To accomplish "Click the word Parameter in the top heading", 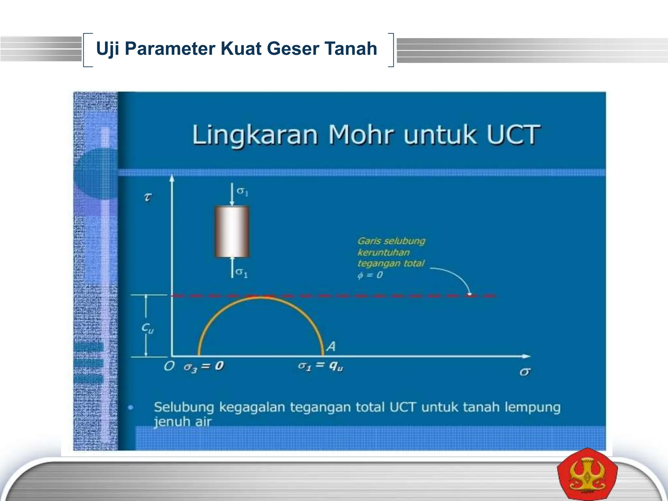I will tap(170, 49).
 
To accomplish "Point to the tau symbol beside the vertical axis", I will tap(148, 197).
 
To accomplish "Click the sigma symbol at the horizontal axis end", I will tap(524, 372).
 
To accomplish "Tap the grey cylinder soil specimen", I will tap(232, 232).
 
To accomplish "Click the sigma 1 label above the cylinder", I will tap(242, 191).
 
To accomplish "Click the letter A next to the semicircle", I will tap(331, 346).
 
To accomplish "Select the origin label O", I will tap(169, 366).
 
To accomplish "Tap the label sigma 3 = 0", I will tap(204, 367).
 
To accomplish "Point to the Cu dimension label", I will tap(147, 328).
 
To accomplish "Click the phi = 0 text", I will tap(370, 275).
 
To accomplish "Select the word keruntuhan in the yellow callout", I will tap(383, 252).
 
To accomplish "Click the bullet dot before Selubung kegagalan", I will tap(131, 407).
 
